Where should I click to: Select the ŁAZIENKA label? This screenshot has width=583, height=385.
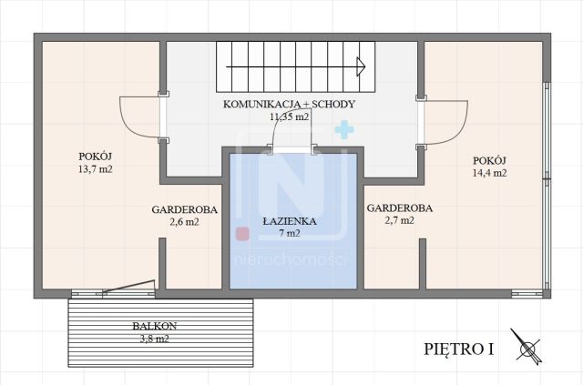(288, 220)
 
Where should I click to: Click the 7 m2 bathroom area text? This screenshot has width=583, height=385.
(288, 233)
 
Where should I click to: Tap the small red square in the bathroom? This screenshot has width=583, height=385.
(242, 234)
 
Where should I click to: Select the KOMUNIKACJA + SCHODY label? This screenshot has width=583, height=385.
(289, 105)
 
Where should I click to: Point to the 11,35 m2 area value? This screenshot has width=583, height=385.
(289, 117)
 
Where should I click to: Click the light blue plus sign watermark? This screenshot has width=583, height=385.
(343, 131)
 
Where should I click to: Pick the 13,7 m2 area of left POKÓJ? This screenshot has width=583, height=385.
(100, 170)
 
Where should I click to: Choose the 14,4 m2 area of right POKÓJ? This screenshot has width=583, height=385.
(489, 173)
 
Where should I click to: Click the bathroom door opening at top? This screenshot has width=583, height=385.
(290, 148)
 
